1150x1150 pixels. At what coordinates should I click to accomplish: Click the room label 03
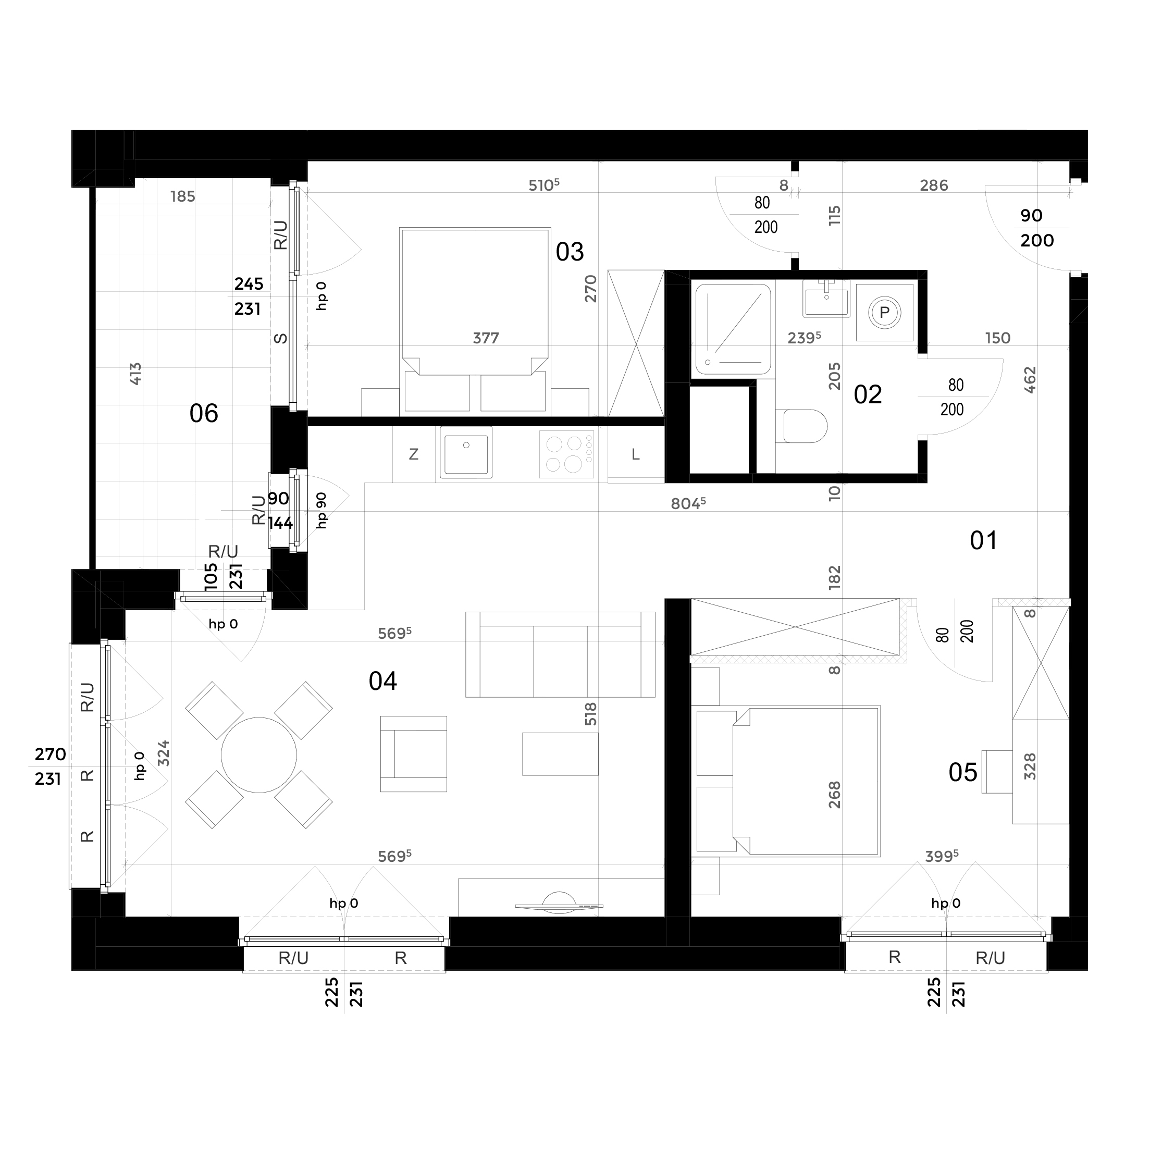570,252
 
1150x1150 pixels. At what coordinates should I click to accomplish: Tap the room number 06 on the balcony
204,413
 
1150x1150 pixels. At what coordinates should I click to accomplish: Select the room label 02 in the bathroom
867,394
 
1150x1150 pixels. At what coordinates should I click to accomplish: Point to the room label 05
962,773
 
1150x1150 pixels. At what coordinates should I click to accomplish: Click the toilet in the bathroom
802,426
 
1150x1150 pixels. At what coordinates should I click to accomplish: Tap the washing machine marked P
885,313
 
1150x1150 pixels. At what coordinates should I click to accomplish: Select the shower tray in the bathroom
733,329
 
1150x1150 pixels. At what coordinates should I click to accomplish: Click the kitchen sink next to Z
466,452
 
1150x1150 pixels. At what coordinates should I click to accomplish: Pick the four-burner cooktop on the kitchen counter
567,454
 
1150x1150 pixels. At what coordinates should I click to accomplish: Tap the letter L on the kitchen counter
636,455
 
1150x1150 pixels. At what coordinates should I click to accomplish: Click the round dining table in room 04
259,755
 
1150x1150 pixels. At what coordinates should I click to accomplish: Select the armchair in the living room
414,753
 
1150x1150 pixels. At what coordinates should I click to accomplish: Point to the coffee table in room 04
560,753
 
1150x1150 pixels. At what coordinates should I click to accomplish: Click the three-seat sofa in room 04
560,654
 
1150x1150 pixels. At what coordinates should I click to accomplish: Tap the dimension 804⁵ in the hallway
688,503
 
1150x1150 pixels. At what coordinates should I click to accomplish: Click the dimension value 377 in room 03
486,338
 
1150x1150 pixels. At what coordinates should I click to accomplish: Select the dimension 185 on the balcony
183,196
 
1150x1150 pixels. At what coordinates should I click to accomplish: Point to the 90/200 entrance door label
1037,228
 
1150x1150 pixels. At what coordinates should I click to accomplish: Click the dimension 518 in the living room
590,714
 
